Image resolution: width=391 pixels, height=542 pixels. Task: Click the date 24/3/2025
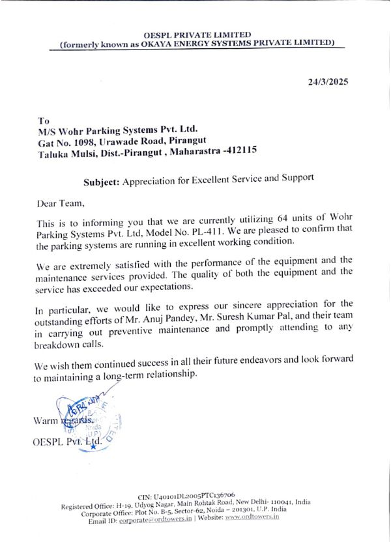pos(328,82)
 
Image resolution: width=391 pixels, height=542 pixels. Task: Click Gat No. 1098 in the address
pos(67,142)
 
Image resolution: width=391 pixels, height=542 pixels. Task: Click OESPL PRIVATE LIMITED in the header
pos(197,35)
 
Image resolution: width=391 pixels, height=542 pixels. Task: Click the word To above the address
pos(44,121)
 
